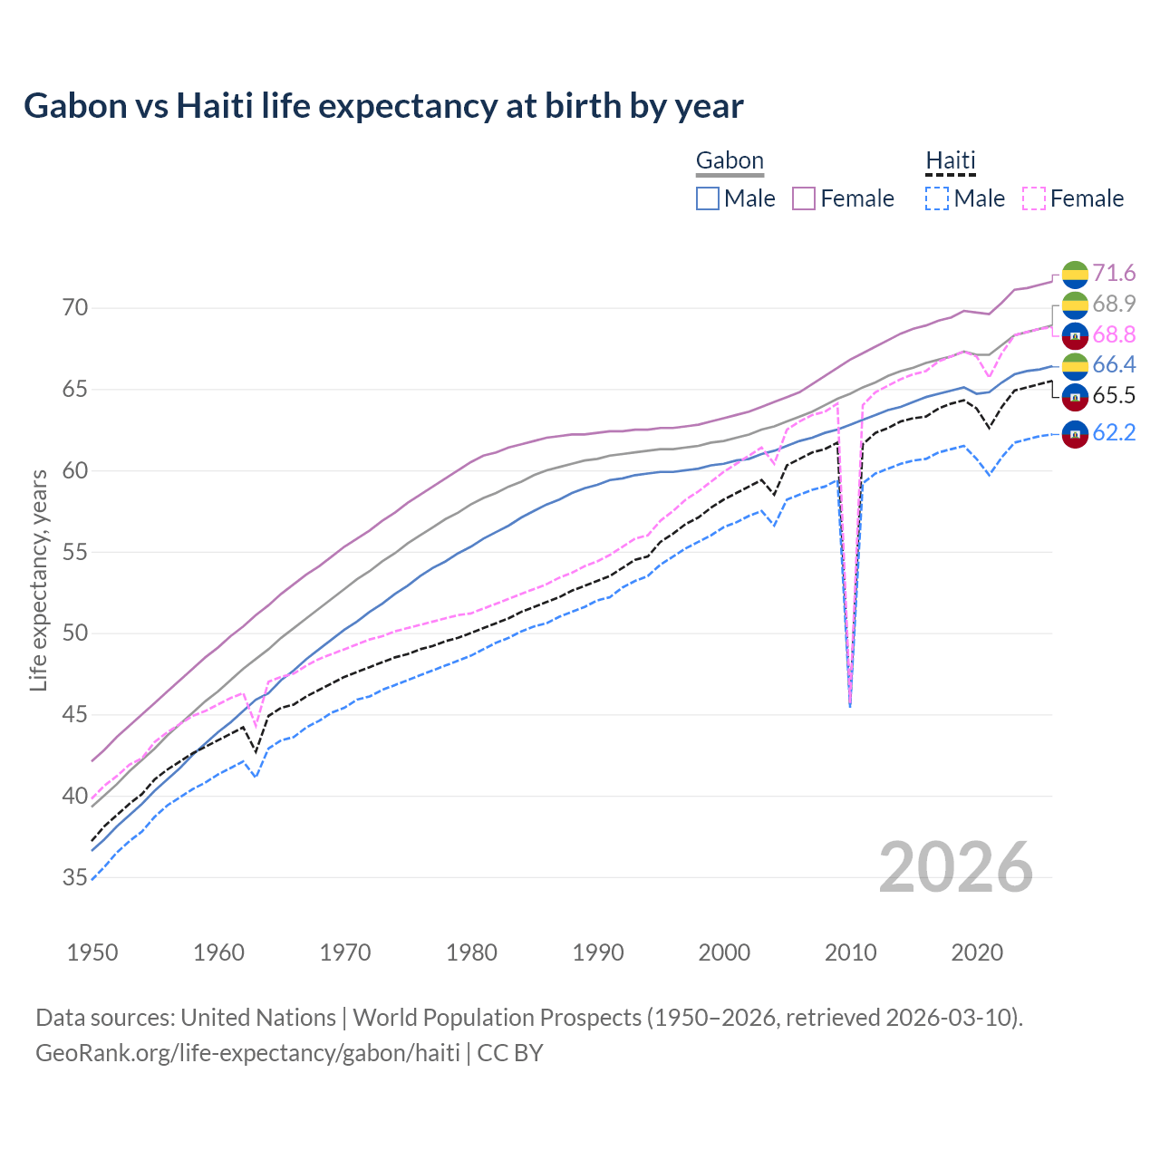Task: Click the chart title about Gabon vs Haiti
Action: click(x=383, y=106)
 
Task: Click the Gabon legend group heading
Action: click(x=730, y=161)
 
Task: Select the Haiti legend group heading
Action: click(x=950, y=161)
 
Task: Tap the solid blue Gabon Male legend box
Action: click(x=708, y=198)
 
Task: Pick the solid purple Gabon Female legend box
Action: click(x=804, y=198)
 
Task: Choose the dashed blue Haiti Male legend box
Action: click(x=937, y=198)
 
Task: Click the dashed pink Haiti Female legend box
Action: click(x=1034, y=198)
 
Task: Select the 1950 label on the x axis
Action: click(x=92, y=952)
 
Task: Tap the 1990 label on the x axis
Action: click(x=598, y=952)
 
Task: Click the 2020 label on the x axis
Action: click(x=977, y=952)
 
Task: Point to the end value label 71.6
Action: click(x=1114, y=274)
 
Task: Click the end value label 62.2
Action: click(x=1114, y=433)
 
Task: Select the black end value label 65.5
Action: click(x=1114, y=396)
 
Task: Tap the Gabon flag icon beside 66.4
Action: click(x=1075, y=365)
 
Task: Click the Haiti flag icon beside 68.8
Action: click(x=1075, y=335)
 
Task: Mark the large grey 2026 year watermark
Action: click(x=956, y=867)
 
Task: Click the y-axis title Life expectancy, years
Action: click(x=38, y=580)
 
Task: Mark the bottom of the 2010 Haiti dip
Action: click(x=850, y=705)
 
